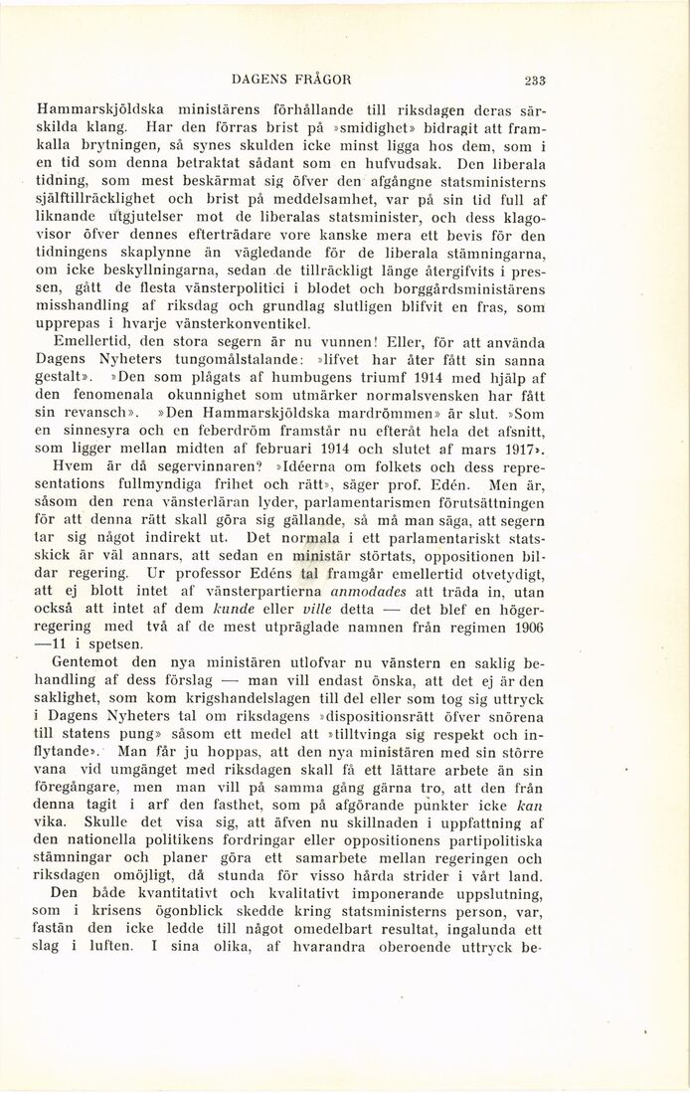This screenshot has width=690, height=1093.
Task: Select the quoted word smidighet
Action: [x=344, y=127]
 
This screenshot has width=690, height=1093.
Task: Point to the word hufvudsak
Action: [x=391, y=164]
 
